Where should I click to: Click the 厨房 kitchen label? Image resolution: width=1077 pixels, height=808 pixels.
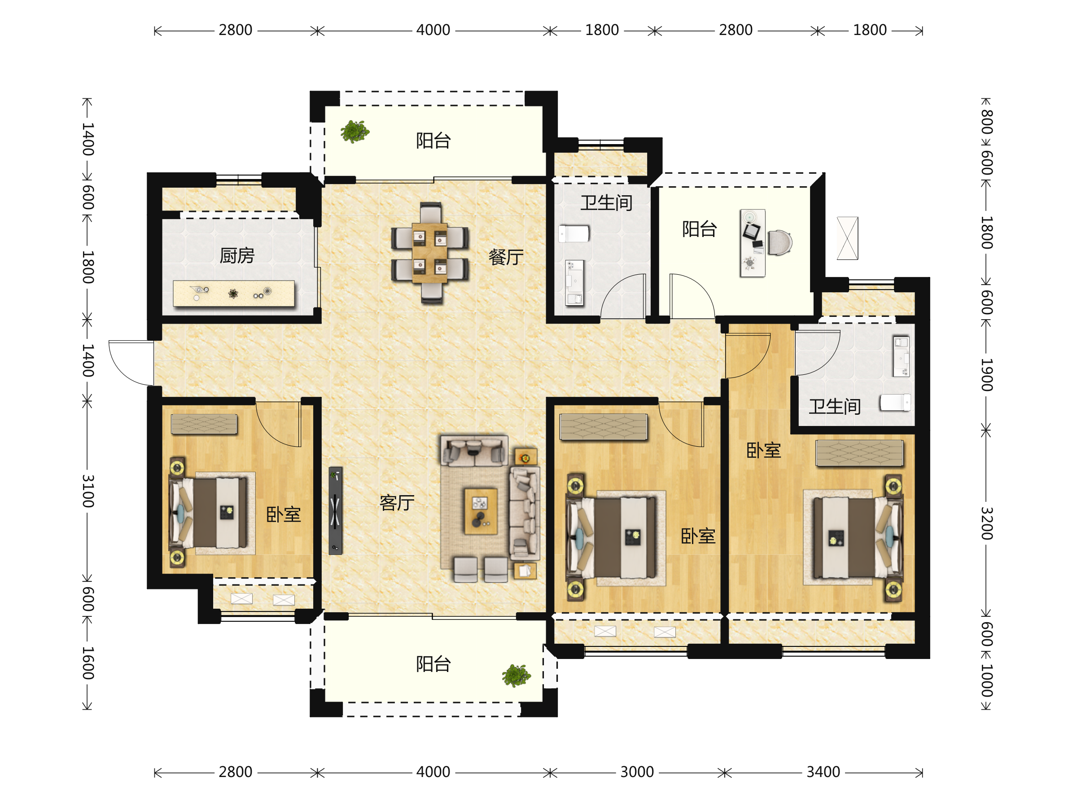pyautogui.click(x=237, y=255)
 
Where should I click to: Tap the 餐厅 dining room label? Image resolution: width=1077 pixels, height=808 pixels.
pyautogui.click(x=506, y=257)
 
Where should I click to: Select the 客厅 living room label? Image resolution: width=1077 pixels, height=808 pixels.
pyautogui.click(x=397, y=502)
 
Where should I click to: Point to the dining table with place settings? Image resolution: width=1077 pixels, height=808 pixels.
pyautogui.click(x=430, y=253)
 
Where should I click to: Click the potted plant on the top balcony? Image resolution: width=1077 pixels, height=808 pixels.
pyautogui.click(x=355, y=131)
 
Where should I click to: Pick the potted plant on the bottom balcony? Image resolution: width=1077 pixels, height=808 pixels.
pyautogui.click(x=516, y=676)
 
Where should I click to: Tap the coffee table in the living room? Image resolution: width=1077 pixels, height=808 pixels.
pyautogui.click(x=481, y=511)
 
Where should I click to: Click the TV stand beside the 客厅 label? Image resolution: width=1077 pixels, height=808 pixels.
pyautogui.click(x=336, y=510)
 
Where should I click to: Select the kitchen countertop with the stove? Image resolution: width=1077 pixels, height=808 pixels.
pyautogui.click(x=234, y=293)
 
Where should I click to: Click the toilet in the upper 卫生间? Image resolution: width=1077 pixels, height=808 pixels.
pyautogui.click(x=574, y=234)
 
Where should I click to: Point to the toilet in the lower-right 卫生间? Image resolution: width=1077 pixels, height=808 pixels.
pyautogui.click(x=895, y=402)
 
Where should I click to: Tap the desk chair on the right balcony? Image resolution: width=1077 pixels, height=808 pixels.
pyautogui.click(x=780, y=242)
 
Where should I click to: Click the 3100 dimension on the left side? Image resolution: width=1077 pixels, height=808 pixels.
pyautogui.click(x=88, y=491)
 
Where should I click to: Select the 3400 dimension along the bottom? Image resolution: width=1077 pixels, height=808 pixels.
pyautogui.click(x=823, y=772)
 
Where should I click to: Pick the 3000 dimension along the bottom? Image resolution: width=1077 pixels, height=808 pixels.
pyautogui.click(x=637, y=772)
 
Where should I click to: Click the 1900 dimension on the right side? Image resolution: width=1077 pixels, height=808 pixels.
pyautogui.click(x=986, y=374)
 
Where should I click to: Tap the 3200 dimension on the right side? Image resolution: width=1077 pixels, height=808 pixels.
pyautogui.click(x=986, y=523)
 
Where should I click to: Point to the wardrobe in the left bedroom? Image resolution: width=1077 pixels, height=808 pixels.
pyautogui.click(x=204, y=424)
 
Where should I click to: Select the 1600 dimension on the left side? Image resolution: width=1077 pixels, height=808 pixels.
pyautogui.click(x=88, y=663)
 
